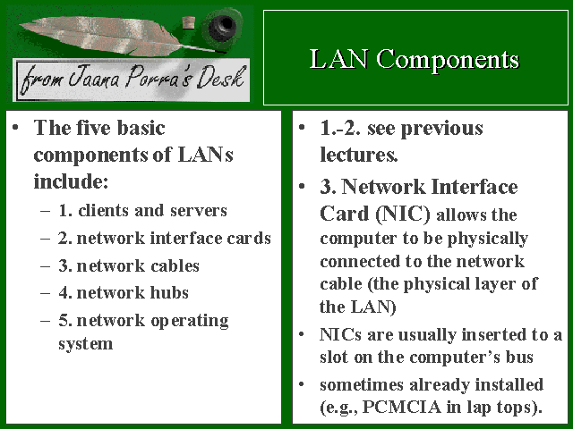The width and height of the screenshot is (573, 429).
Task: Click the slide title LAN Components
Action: pos(415,59)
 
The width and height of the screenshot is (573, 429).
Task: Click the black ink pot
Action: pos(222,25)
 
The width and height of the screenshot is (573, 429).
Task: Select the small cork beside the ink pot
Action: pos(189,22)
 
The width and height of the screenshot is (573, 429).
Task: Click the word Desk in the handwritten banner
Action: pos(220,78)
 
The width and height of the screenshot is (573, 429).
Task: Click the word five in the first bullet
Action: pos(94,128)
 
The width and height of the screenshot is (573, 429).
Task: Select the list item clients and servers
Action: pos(142,211)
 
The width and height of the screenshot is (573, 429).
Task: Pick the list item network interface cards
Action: pos(165,239)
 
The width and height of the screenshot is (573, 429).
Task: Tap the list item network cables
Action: pos(129,266)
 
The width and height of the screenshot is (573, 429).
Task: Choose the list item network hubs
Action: pos(124,292)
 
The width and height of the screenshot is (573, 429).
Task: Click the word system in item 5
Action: pos(86,343)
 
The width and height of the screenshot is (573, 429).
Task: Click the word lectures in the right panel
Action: pos(358,155)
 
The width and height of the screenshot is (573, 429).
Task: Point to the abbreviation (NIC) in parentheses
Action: pos(403,214)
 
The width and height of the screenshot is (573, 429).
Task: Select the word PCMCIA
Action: pos(401,407)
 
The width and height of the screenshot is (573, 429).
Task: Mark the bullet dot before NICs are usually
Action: pos(302,334)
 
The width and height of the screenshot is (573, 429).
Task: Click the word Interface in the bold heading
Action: pos(475,187)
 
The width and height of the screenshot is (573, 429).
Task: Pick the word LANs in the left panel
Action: pos(205,155)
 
